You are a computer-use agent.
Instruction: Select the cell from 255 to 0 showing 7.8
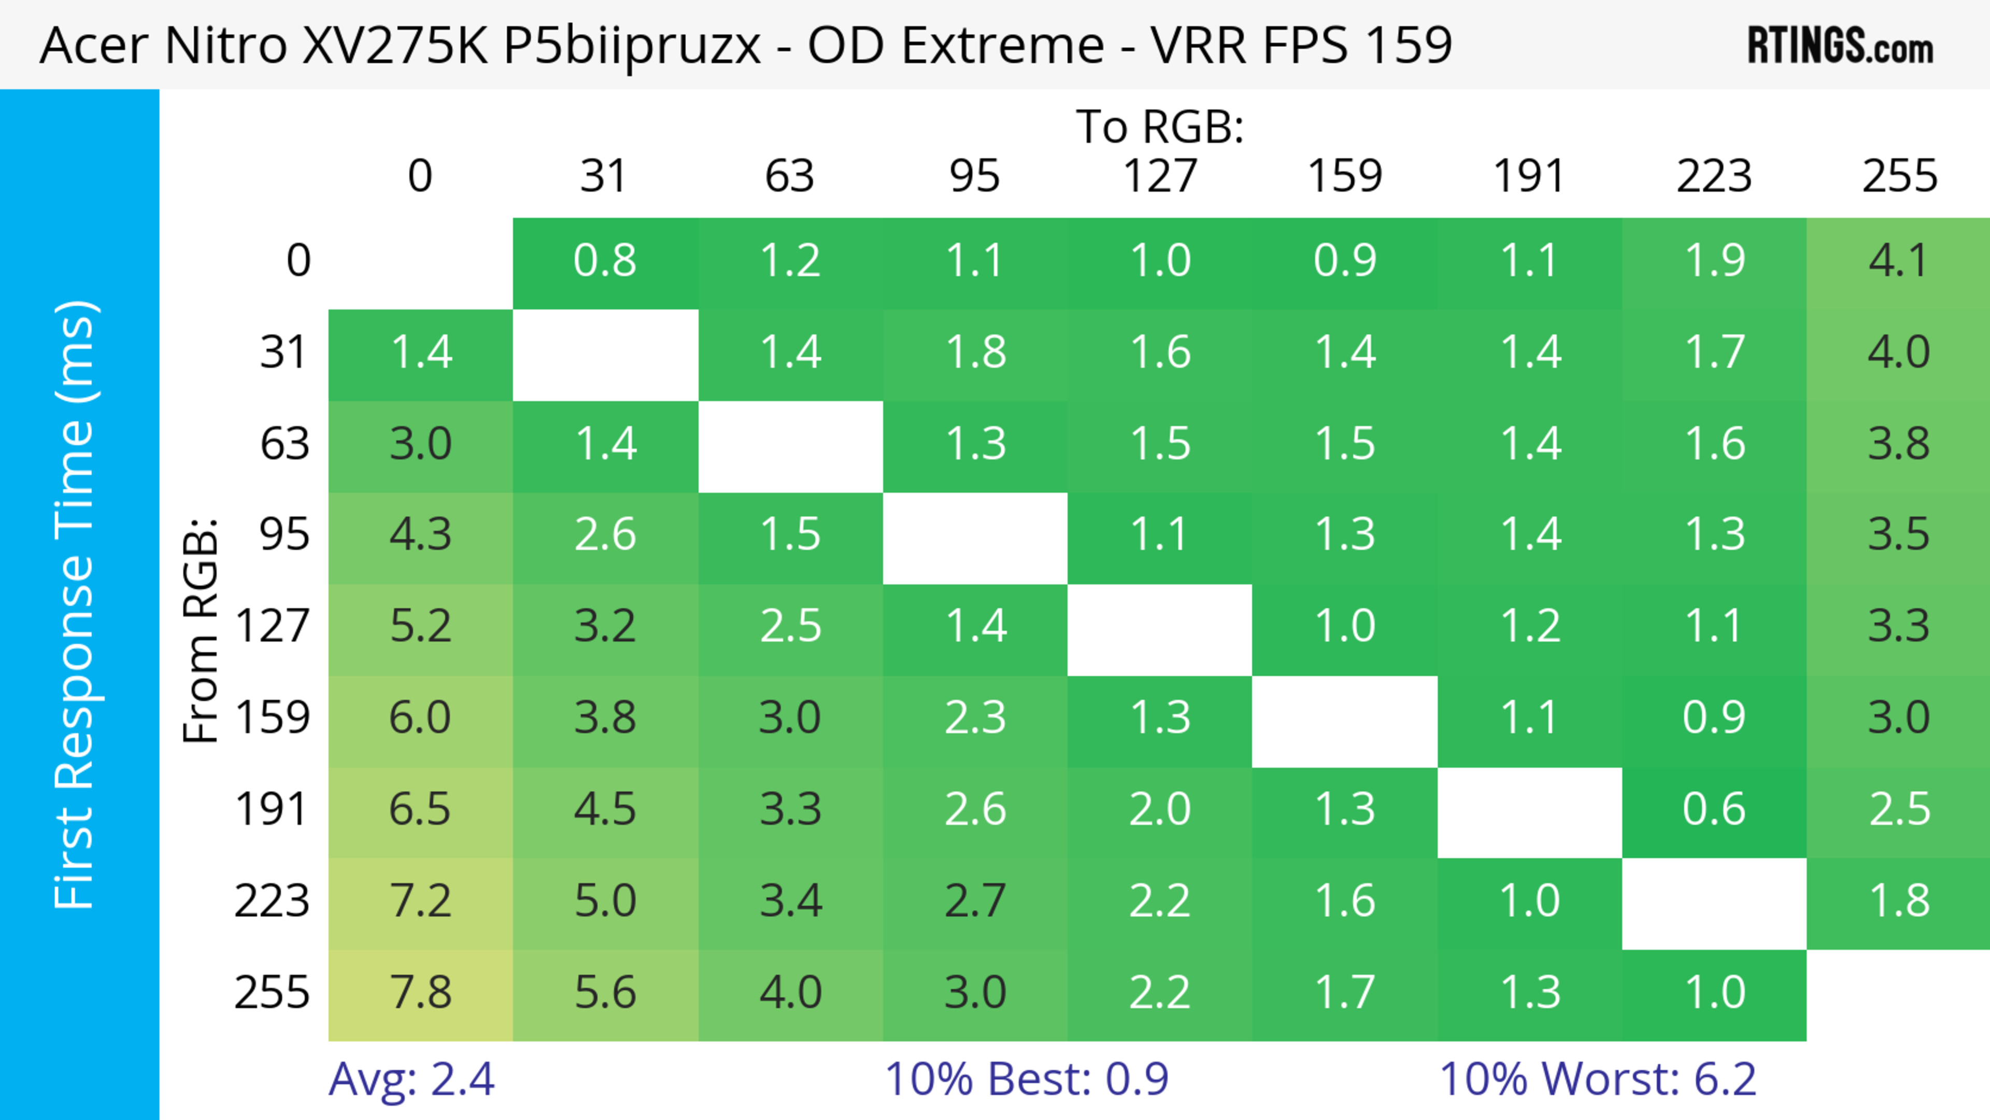pyautogui.click(x=420, y=994)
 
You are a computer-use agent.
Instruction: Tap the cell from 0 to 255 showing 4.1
pyautogui.click(x=1899, y=261)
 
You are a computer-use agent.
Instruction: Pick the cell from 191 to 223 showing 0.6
pyautogui.click(x=1714, y=810)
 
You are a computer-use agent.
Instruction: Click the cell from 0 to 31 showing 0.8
pyautogui.click(x=605, y=261)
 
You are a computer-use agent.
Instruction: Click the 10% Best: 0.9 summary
pyautogui.click(x=1026, y=1079)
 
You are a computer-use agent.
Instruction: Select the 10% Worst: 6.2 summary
pyautogui.click(x=1598, y=1079)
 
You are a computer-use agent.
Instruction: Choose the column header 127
pyautogui.click(x=1160, y=176)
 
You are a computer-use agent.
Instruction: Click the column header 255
pyautogui.click(x=1899, y=176)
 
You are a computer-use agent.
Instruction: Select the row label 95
pyautogui.click(x=285, y=534)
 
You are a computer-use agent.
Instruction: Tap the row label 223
pyautogui.click(x=272, y=901)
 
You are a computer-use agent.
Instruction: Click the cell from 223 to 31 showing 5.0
pyautogui.click(x=605, y=901)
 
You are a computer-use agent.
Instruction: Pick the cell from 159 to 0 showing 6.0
pyautogui.click(x=420, y=718)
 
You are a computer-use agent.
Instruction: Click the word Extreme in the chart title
pyautogui.click(x=1003, y=46)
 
